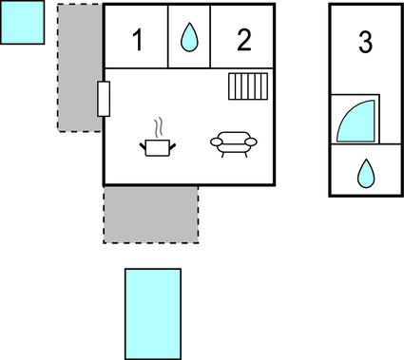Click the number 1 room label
138,41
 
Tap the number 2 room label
244,40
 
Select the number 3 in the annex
365,42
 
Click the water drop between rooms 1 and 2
189,38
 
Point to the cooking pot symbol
158,145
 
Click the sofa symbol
233,143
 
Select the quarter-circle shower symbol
356,121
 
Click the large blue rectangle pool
153,313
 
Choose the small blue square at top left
22,22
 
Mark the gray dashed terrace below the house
150,214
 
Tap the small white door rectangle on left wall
104,98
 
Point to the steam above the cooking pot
159,125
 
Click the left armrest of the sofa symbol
215,142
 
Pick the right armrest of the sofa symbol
251,142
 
